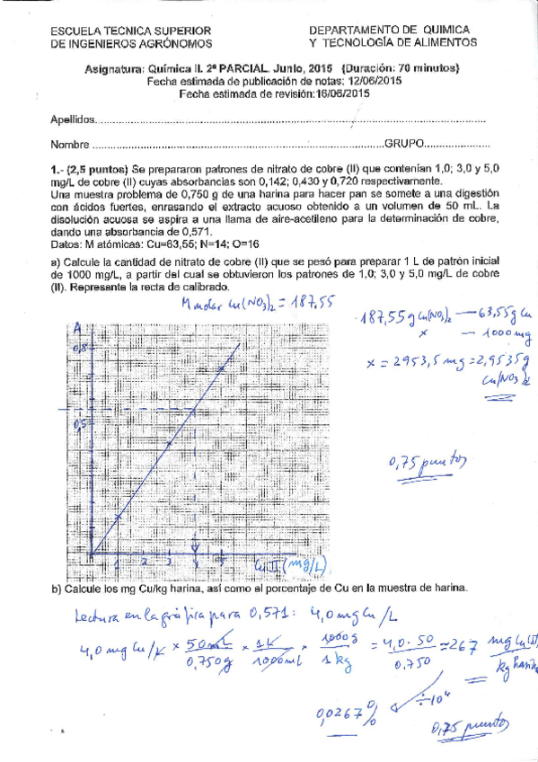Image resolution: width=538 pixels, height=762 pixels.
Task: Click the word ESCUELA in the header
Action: (x=75, y=31)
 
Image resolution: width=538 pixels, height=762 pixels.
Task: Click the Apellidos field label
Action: (x=72, y=120)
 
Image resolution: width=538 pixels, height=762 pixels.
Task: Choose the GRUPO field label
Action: (x=405, y=144)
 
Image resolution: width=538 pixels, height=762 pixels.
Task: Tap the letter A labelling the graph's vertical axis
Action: (x=78, y=327)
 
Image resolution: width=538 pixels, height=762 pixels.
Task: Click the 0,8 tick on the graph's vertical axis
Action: (x=80, y=347)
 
